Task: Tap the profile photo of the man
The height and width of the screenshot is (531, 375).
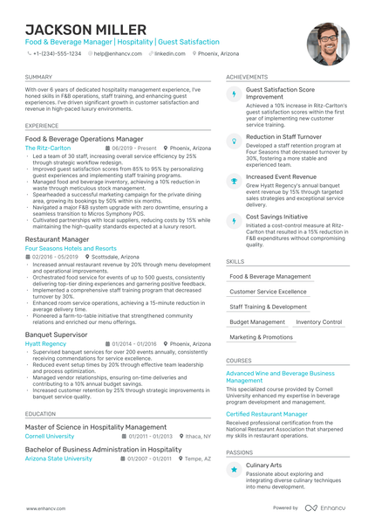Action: coord(327,43)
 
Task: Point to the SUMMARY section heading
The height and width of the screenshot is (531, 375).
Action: coord(38,77)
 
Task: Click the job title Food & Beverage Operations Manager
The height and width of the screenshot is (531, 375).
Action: coord(84,139)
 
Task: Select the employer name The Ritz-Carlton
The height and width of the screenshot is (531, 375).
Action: coord(48,148)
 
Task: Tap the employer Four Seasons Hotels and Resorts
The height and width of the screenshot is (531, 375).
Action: coord(72,248)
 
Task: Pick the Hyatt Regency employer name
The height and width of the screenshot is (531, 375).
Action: coord(45,344)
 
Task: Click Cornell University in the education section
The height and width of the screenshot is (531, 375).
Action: coord(50,435)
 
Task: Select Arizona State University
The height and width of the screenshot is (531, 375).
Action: coord(58,458)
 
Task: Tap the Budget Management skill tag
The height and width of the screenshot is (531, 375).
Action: coord(257,321)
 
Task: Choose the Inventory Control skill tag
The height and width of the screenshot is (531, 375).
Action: coord(318,321)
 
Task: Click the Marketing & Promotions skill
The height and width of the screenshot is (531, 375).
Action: coord(262,336)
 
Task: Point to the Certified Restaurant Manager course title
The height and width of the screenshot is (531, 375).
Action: coord(267,413)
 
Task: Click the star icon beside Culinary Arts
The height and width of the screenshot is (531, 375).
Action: coord(234,469)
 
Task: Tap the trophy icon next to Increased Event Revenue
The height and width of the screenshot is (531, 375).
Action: coord(234,180)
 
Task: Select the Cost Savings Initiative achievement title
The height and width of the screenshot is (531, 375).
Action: coord(276,217)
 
